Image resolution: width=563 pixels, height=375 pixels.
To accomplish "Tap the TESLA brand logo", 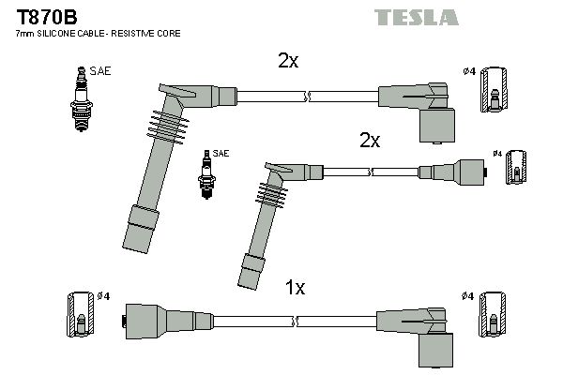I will click(416, 17).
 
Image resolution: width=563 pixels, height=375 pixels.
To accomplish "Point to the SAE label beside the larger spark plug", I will click(99, 69).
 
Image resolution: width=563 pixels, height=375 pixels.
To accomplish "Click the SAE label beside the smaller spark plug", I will click(221, 153).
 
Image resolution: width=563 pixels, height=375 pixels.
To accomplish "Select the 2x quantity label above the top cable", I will click(288, 61).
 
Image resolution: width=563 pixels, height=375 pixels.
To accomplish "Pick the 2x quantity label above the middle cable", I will click(370, 141).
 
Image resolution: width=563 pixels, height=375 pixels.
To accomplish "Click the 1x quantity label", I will click(295, 289).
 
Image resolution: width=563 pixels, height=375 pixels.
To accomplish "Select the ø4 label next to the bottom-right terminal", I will click(467, 296).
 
